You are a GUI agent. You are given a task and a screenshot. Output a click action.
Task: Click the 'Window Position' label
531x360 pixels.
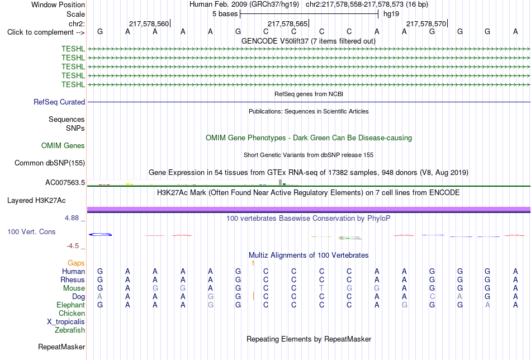point(58,4)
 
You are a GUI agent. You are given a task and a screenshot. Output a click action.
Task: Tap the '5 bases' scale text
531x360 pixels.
point(225,14)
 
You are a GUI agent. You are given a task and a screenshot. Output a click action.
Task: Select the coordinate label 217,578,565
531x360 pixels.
point(287,23)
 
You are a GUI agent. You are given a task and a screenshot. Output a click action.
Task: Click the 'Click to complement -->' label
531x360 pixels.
point(46,32)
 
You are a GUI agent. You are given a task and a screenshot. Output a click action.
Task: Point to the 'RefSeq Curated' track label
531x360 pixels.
point(59,102)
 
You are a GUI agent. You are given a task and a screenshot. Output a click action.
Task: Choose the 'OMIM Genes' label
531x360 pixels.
point(63,146)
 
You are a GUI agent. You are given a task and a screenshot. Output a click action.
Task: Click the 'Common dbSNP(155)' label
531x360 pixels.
point(50,163)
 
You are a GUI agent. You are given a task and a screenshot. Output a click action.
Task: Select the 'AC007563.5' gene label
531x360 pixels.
point(65,183)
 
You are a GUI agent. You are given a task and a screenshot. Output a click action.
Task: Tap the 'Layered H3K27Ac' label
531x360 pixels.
point(36,201)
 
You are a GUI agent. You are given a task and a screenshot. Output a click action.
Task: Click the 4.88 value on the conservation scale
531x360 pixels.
point(72,218)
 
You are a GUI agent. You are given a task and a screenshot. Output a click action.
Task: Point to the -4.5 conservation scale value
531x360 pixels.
point(73,246)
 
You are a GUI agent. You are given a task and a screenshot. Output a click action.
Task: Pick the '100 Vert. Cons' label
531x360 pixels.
point(31,231)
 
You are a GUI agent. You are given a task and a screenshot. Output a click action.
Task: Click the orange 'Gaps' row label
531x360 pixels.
point(76,263)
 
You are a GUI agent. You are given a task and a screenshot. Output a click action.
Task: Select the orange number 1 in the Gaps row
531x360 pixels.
point(253,263)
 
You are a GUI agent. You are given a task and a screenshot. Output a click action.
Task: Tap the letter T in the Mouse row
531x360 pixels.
point(321,288)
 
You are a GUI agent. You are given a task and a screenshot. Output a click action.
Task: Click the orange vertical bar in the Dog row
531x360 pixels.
point(253,296)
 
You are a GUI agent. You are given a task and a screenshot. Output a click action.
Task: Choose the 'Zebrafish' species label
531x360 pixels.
point(70,330)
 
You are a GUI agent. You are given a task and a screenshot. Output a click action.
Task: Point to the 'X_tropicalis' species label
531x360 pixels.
point(66,322)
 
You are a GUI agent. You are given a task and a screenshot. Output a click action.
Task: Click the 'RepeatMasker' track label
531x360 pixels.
point(61,347)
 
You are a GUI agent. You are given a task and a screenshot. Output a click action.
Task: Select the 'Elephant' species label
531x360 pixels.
point(70,305)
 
